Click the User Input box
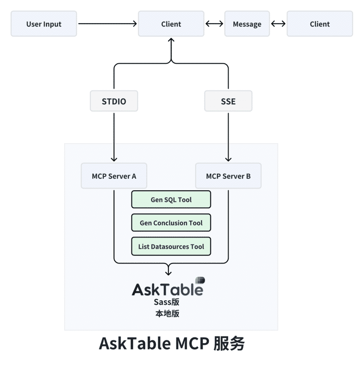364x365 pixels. (44, 24)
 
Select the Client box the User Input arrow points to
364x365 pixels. (171, 24)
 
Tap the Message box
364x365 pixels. (247, 24)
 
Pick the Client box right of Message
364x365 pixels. (319, 24)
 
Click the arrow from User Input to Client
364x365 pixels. (107, 24)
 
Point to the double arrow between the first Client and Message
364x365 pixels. (214, 24)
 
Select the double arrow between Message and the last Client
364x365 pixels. (278, 24)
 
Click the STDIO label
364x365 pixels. (114, 101)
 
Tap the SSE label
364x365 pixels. (228, 101)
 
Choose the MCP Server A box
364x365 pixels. (114, 176)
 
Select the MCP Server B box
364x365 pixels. (228, 176)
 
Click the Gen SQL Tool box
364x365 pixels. (171, 200)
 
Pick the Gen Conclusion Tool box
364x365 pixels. (171, 223)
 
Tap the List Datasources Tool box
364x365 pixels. (171, 246)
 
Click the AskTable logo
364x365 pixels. (168, 288)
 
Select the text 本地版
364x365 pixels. (167, 313)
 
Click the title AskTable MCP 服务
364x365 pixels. (172, 344)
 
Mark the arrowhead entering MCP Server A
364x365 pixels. (114, 159)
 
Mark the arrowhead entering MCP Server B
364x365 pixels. (228, 159)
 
